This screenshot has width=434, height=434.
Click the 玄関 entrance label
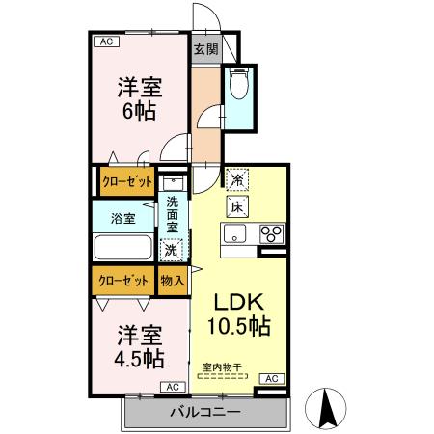point(204,49)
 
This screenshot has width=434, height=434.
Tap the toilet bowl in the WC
point(239,85)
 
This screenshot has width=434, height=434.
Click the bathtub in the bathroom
point(122,247)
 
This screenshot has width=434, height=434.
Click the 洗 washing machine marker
point(171,250)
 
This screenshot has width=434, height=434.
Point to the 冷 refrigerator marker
point(236,179)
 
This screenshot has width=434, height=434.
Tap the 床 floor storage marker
point(236,206)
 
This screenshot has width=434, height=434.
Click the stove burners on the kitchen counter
point(271,233)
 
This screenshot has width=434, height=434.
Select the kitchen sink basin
point(237,233)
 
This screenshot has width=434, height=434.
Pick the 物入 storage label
point(172,281)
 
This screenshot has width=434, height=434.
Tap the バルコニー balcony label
point(205,413)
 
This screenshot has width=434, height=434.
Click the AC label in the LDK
point(271,378)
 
